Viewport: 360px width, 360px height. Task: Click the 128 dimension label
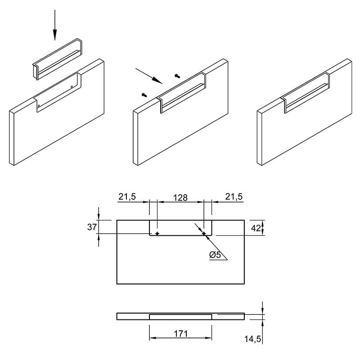pos(180,198)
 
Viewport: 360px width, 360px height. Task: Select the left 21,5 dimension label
pos(127,197)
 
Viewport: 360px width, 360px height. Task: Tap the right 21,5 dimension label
pos(234,197)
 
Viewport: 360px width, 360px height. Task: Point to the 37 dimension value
pos(92,227)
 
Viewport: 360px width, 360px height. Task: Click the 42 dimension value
pos(256,228)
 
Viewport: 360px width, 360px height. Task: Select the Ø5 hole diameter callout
pos(216,255)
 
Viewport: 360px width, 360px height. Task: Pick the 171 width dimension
pos(181,333)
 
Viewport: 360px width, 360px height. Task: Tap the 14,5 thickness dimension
pos(252,339)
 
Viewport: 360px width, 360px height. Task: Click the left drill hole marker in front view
pos(157,234)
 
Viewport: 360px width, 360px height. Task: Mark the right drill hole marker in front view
pos(204,234)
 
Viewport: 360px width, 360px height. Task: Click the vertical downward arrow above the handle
pos(54,25)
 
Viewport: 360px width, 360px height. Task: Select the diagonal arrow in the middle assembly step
pos(149,76)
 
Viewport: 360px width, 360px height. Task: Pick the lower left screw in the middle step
pos(144,94)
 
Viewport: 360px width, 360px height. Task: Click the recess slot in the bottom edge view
pos(180,317)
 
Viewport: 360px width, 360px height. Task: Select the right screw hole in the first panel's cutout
pos(72,87)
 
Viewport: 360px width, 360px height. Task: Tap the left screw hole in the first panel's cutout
pos(39,106)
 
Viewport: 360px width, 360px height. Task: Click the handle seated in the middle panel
pos(181,93)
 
